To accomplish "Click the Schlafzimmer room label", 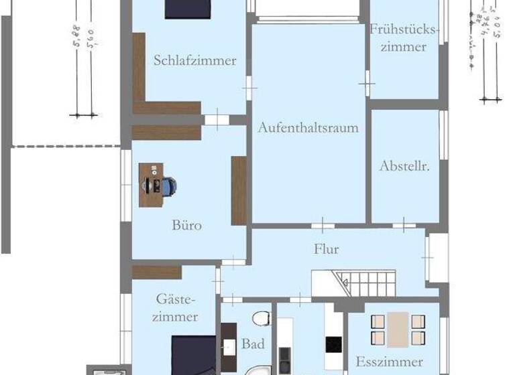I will coord(194,60).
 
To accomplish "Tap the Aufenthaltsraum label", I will coord(308,127).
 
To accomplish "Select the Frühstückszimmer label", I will coord(397,38).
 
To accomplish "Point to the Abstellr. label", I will coord(404,165).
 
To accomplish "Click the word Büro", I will coord(186,225).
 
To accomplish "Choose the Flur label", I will coord(327,249).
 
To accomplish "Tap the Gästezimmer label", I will coord(176,307).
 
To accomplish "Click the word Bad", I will coord(253,344).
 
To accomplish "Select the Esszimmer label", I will coord(390,362).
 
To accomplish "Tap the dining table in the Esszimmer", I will coord(398,329).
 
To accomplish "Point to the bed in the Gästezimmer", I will coord(193,355).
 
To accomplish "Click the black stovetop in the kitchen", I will coord(333,344).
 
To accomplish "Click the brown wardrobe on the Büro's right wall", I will coord(239,190).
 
